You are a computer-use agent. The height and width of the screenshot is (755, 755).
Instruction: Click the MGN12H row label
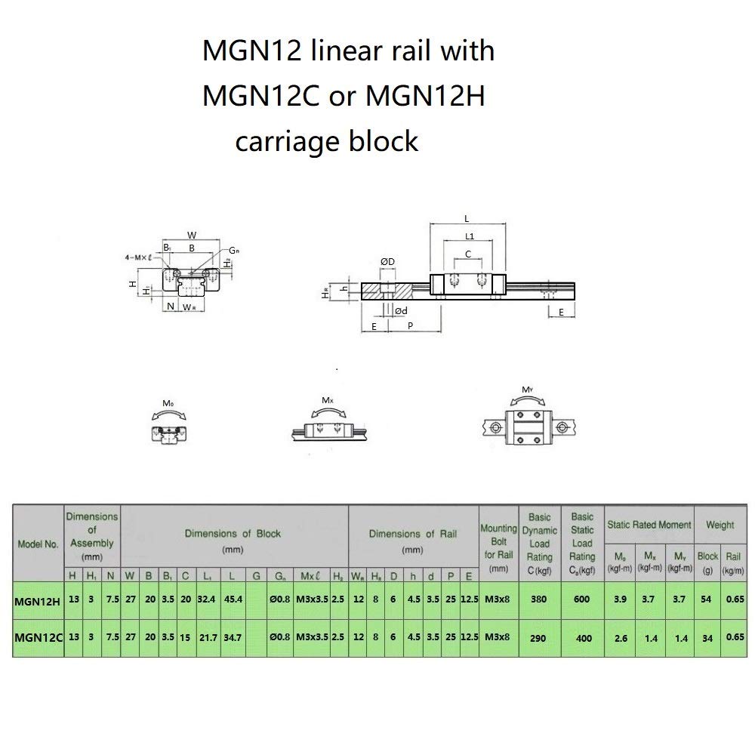coord(38,602)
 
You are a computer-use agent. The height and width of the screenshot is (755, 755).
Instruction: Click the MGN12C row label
coord(38,637)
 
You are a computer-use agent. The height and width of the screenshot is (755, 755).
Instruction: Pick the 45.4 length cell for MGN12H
coord(231,602)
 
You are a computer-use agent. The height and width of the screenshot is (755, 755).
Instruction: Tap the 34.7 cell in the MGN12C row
coord(231,637)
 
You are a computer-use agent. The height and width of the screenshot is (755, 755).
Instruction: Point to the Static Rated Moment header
coord(649,524)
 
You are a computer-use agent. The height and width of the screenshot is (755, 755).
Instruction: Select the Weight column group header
coord(719,524)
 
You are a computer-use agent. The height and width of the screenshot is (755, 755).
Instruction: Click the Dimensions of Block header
coord(233,541)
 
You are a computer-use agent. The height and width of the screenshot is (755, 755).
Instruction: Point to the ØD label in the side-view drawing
coord(387,261)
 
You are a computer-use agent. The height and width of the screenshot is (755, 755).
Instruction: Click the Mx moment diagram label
coord(327,400)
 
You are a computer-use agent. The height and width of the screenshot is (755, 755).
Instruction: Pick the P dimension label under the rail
coord(409,326)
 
